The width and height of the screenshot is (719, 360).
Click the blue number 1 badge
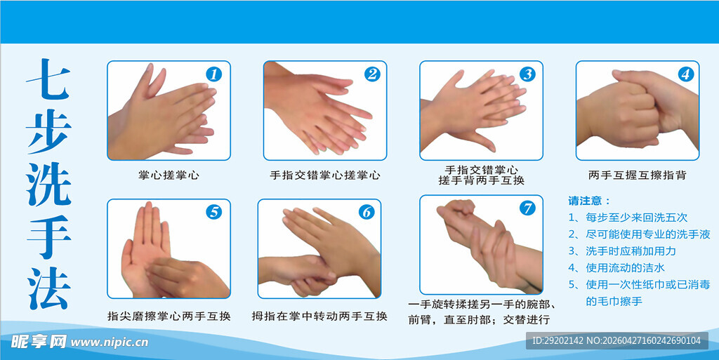tap(214, 74)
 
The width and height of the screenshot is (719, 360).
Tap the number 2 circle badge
tap(371, 74)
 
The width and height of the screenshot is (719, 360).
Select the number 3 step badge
tap(527, 74)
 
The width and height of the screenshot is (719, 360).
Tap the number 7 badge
tap(527, 208)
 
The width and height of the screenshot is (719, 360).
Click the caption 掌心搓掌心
tap(169, 175)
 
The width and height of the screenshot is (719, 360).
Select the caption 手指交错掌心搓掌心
tap(325, 175)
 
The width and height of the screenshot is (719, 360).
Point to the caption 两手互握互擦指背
tap(637, 175)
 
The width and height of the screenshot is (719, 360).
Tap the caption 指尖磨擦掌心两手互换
tap(169, 316)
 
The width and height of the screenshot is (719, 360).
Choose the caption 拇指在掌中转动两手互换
tap(319, 316)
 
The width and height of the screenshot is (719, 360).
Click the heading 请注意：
tap(590, 201)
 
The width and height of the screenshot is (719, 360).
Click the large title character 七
tap(49, 83)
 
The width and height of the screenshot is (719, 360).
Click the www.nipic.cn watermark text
tap(110, 342)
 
